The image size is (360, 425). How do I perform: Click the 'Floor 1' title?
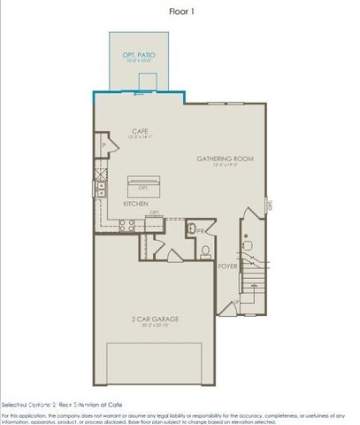(x=180, y=12)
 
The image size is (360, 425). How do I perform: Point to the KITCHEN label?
(x=135, y=203)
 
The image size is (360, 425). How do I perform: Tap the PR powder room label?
(x=201, y=233)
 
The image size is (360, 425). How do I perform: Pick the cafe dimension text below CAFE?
(x=140, y=137)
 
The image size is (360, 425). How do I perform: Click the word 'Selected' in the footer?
(x=16, y=403)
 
